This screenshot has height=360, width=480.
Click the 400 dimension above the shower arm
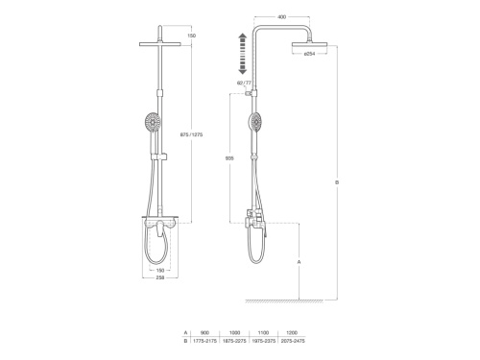280,17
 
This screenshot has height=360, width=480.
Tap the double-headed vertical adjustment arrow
241,53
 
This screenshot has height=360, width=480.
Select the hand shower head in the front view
151,123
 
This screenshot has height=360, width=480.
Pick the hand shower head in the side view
255,122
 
